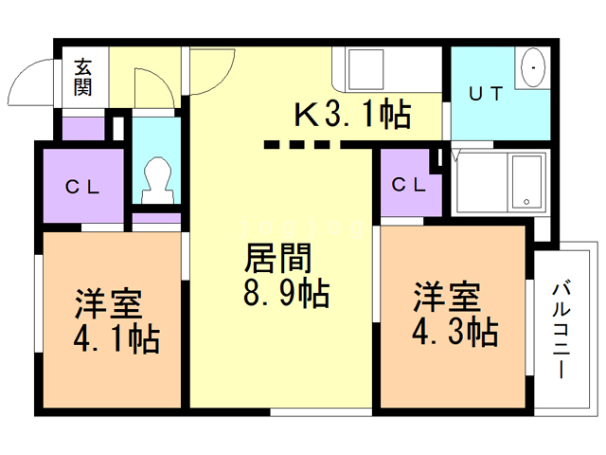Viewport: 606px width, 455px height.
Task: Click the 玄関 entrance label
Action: coord(82,77)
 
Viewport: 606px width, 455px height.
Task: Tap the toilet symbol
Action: coord(157,180)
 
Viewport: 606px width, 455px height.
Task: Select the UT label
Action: coord(486,94)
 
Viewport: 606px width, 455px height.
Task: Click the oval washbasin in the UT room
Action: coord(533,67)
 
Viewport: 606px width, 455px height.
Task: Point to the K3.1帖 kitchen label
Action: coord(352,114)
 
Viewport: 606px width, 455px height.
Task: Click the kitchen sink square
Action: coord(366,69)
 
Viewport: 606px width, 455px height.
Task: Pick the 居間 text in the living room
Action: coord(277,258)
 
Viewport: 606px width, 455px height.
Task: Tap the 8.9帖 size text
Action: coord(286,293)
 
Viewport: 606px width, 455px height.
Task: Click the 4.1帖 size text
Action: coord(116,339)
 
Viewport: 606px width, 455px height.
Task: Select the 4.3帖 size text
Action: coord(454,332)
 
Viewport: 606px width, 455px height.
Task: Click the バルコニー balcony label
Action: coord(561,330)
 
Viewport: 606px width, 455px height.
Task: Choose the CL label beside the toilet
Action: coord(82,188)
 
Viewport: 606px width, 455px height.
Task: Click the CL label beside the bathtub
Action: coord(408,185)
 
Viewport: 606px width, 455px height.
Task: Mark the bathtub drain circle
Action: coord(526,202)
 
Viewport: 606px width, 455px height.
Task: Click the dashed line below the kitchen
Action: coord(296,145)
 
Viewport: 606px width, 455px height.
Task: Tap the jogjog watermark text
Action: coord(302,228)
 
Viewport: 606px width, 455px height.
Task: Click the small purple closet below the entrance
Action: coord(83,129)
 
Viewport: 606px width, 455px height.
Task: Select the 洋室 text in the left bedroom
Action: coord(109,304)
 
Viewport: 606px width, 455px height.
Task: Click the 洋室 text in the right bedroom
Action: coord(447,297)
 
